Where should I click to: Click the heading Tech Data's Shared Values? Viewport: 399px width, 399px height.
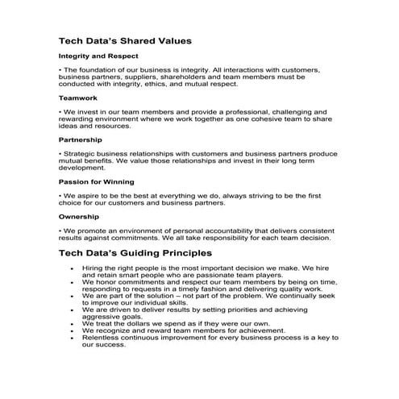(x=124, y=40)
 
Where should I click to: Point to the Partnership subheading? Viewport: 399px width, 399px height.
(x=85, y=139)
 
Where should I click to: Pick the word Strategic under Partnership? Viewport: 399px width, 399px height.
(x=85, y=153)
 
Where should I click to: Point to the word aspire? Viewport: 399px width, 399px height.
(x=89, y=195)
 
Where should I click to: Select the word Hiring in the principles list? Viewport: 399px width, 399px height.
(x=97, y=267)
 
